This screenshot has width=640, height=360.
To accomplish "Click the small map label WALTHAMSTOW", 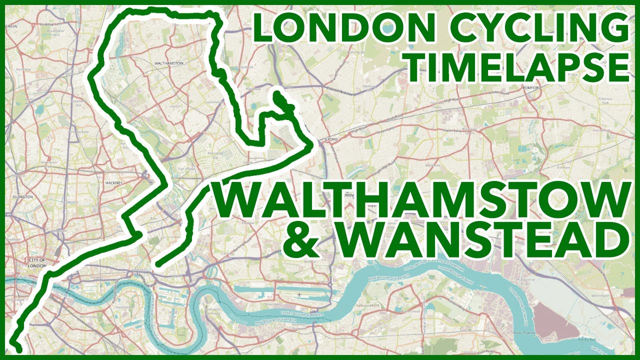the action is pos(170,64).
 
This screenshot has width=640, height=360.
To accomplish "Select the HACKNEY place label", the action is pos(114,183).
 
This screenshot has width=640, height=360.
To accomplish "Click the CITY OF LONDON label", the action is pos(37,263).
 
